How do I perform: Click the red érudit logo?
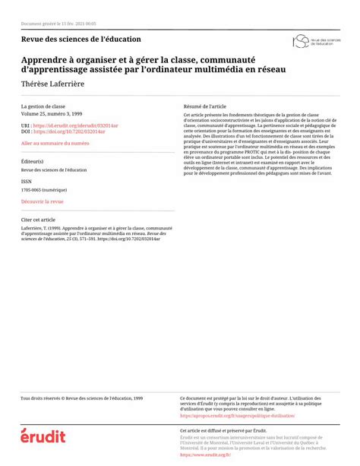(43, 436)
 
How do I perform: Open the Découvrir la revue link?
(43, 201)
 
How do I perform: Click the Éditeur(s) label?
(33, 162)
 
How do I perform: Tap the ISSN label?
(27, 182)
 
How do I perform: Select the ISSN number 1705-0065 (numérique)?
(44, 190)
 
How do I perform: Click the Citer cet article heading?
(38, 219)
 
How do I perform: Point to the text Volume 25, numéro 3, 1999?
(52, 113)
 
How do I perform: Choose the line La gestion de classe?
(43, 106)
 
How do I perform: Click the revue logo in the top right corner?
(312, 40)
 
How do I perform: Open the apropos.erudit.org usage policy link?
(238, 416)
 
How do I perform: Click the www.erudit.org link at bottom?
(205, 455)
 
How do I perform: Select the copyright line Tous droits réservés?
(81, 398)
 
